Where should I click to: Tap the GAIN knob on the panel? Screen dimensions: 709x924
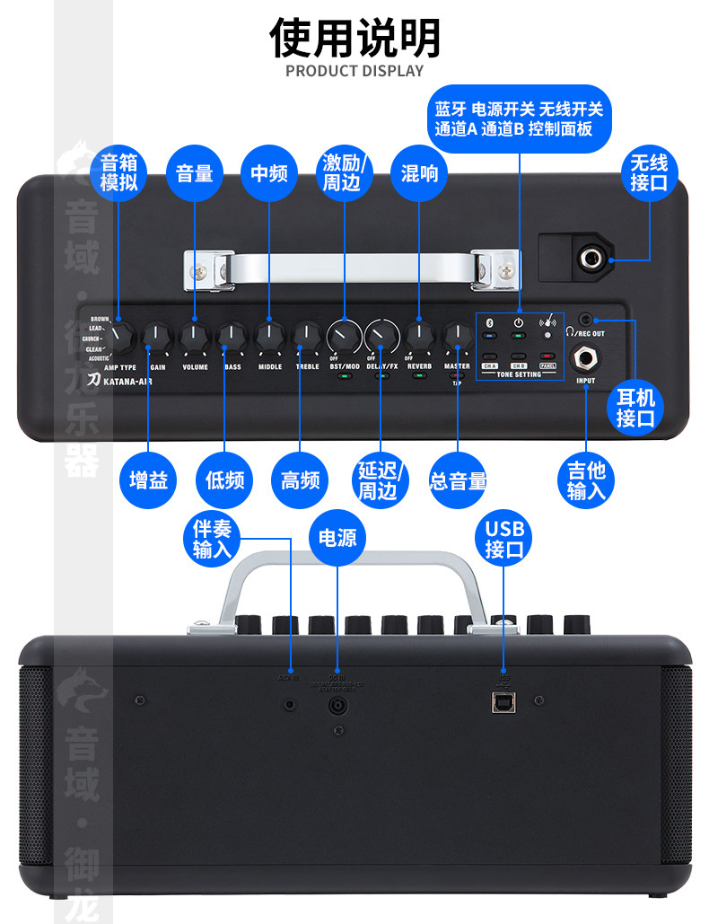(x=157, y=337)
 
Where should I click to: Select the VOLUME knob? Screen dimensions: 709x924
(x=195, y=337)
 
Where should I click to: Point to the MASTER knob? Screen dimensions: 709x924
(x=457, y=337)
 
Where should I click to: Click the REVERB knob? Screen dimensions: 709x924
(x=419, y=337)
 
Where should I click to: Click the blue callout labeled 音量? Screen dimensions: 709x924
(x=195, y=173)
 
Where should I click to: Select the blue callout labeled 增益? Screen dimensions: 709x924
(x=149, y=480)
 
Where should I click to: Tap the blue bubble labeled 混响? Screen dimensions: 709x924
(x=419, y=173)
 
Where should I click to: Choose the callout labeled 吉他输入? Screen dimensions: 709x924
(x=586, y=480)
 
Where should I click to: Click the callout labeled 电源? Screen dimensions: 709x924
(x=337, y=538)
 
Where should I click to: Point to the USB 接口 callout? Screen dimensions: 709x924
(x=503, y=538)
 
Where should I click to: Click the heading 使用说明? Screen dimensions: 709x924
(x=354, y=38)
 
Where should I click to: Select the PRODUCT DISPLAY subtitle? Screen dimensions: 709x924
(x=354, y=71)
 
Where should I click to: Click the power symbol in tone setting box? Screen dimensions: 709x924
(x=519, y=321)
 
